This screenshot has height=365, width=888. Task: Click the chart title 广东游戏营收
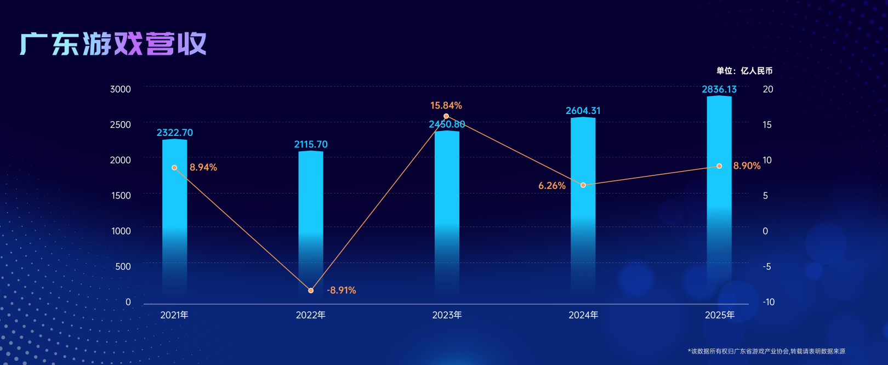click(x=113, y=44)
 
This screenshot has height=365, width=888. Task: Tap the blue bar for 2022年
click(x=311, y=219)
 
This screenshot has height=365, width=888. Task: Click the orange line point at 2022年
click(x=311, y=290)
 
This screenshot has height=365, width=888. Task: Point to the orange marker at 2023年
click(x=446, y=116)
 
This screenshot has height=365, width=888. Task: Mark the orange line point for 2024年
click(x=583, y=185)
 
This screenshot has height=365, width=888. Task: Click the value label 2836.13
click(x=719, y=89)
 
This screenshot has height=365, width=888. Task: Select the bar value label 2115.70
click(x=311, y=144)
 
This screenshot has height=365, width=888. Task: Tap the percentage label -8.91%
click(x=341, y=290)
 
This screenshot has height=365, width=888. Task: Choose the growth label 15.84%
click(x=446, y=105)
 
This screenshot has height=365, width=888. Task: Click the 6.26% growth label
click(x=552, y=186)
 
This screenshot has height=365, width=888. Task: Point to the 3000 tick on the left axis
click(x=121, y=89)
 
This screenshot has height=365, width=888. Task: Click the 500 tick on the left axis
click(x=123, y=266)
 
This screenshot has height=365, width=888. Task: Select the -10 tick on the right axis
click(x=769, y=302)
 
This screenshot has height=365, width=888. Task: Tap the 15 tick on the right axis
click(x=767, y=125)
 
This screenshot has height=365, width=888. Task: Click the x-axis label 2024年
click(x=583, y=315)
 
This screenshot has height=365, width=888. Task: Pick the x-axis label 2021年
click(x=174, y=315)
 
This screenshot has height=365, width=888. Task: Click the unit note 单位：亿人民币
click(x=744, y=71)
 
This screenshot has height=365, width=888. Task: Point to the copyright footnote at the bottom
click(x=766, y=351)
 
